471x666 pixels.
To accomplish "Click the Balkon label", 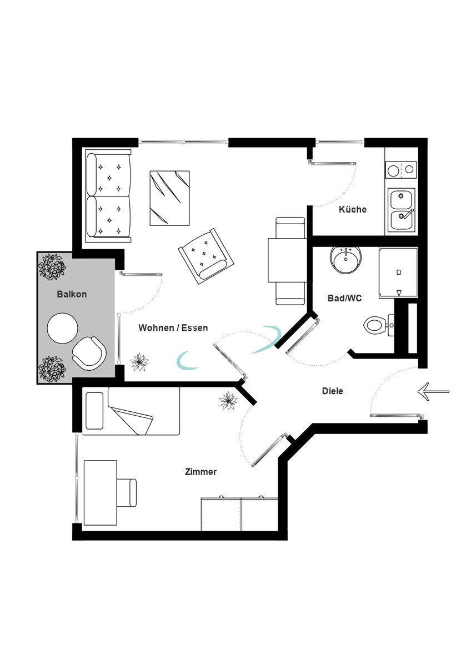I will click(72, 294).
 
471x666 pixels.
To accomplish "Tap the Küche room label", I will click(353, 209).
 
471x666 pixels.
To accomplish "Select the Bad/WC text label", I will click(344, 298).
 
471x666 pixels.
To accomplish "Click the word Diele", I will click(333, 391).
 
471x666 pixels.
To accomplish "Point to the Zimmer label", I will click(201, 472).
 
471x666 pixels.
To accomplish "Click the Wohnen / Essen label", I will click(173, 327).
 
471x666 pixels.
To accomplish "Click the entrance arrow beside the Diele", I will click(433, 392).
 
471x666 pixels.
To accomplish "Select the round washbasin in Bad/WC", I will click(345, 259).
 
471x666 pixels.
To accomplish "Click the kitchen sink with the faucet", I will click(401, 210).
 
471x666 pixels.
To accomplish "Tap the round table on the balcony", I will click(62, 329).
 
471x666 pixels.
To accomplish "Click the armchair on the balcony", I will click(89, 354).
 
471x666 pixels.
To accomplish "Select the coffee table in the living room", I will click(169, 198).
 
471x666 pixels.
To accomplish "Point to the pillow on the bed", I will click(94, 410).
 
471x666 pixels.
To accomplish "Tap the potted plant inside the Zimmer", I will click(228, 401).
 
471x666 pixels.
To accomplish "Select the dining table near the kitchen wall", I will click(287, 260).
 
